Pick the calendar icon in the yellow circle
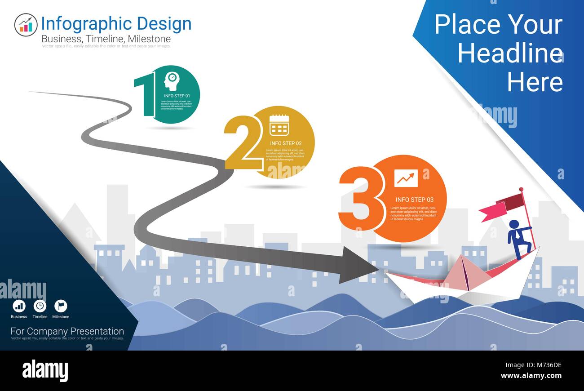point(279,125)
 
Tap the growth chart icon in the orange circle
point(406,178)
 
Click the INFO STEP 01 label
point(177,96)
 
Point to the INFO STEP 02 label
point(286,143)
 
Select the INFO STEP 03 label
point(415,200)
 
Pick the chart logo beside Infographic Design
point(26,25)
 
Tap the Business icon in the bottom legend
point(19,307)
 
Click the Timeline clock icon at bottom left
point(40,306)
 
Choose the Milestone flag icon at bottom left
point(61,306)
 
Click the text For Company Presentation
point(67,331)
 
